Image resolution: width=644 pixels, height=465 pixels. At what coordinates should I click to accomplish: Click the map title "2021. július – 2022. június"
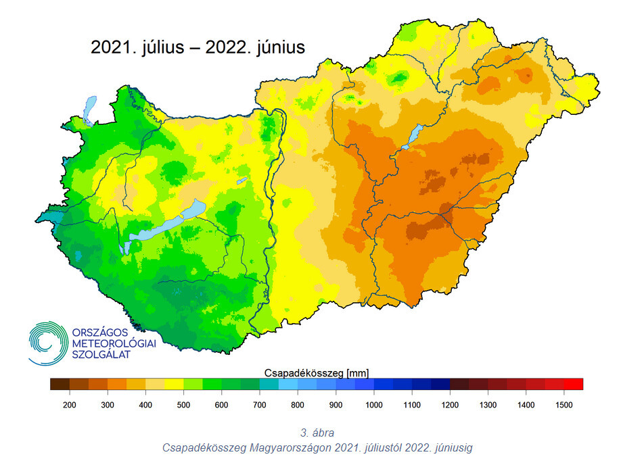(x=198, y=48)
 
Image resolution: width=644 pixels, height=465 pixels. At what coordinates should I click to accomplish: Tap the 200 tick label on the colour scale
(x=69, y=404)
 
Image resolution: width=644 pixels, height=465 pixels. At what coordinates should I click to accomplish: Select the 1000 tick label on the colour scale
(x=374, y=404)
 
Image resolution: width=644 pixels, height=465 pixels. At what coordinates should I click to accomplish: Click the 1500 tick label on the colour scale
(x=564, y=404)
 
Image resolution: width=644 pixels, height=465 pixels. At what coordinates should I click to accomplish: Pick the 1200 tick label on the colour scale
(x=450, y=404)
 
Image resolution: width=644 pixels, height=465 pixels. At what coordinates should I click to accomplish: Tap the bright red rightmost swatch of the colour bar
(x=574, y=385)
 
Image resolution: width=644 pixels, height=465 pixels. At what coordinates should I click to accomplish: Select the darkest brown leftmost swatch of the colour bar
(x=60, y=385)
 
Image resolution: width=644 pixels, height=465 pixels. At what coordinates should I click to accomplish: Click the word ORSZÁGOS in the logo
(x=99, y=332)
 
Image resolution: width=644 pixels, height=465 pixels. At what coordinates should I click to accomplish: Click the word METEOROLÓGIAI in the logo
(x=114, y=343)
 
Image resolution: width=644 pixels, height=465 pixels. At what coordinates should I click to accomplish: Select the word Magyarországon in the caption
(x=287, y=447)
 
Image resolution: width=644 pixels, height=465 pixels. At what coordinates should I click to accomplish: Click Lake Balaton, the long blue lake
(x=166, y=224)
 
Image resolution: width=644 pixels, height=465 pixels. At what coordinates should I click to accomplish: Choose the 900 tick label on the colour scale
(x=336, y=404)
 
